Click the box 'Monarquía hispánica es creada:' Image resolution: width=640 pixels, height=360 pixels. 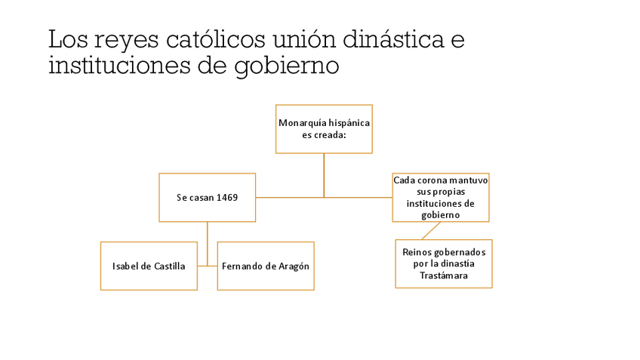click(324, 129)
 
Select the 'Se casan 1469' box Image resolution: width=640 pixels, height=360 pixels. click(207, 197)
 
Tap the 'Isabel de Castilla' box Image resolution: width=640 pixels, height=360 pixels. click(149, 266)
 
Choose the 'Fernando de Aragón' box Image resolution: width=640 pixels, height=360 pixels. click(266, 266)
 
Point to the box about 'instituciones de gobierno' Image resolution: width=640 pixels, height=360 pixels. click(441, 198)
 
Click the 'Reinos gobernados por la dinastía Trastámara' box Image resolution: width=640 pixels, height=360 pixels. click(444, 263)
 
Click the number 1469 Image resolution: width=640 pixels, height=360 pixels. click(227, 198)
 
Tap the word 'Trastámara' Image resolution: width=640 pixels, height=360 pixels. click(444, 276)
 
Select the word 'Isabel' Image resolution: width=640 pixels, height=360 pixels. click(125, 266)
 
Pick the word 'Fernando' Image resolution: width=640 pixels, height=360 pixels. click(242, 266)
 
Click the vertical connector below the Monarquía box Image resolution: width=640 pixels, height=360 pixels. click(324, 175)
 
